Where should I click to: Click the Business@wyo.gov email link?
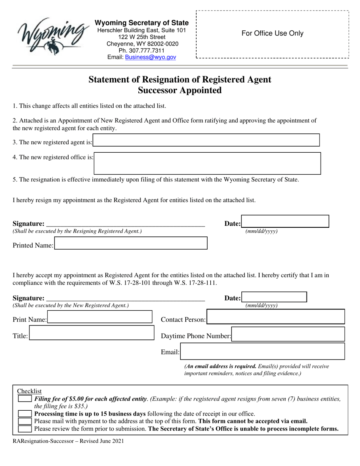point(150,57)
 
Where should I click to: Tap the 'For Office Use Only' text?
point(272,33)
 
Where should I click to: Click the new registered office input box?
point(207,163)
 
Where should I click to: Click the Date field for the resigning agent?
point(285,221)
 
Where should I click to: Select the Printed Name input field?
point(131,243)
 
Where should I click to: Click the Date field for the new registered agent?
point(274,297)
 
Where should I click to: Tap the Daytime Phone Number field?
point(288,335)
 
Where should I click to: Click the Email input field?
point(263,351)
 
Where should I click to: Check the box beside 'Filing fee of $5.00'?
point(25,399)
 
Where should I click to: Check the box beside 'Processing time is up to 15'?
point(25,414)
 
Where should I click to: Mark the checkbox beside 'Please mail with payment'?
point(25,421)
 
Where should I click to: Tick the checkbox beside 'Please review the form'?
point(25,428)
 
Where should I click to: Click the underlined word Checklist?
point(30,391)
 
